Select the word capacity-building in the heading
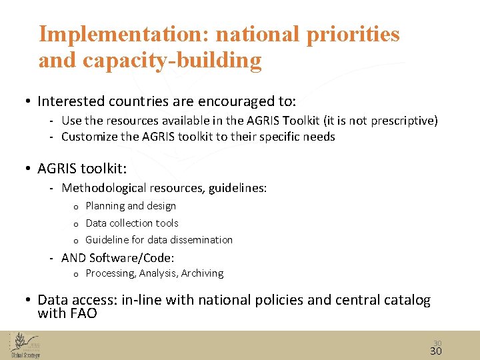pos(172,61)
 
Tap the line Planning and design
pos(131,206)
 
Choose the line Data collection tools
pos(132,223)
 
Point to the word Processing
pos(111,273)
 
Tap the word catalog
pos(407,301)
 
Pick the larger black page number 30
pos(436,351)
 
